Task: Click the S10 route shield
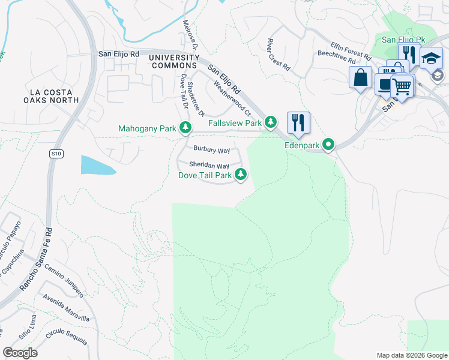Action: [55, 154]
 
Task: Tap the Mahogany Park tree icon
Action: [186, 127]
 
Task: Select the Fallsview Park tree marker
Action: [271, 122]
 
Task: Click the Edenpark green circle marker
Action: [328, 145]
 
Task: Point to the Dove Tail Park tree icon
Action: [241, 175]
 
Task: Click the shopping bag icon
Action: [360, 78]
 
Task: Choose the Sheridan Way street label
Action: [209, 165]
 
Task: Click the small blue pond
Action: [97, 165]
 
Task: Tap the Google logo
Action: [20, 352]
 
